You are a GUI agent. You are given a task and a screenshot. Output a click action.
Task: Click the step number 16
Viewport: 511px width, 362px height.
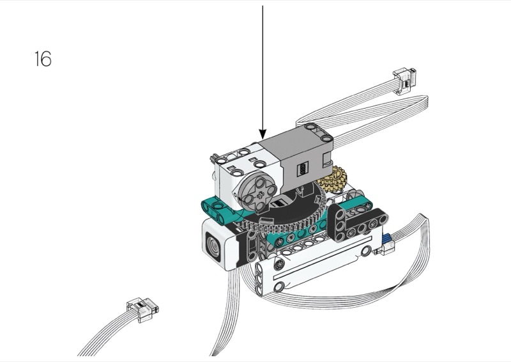coord(43,59)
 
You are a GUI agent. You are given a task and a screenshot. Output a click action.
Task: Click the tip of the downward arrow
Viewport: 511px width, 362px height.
coord(263,138)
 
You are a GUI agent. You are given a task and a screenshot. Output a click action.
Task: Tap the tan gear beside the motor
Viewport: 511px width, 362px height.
coord(333,178)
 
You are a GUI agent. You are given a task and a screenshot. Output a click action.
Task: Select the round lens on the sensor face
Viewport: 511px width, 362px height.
coord(214,244)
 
